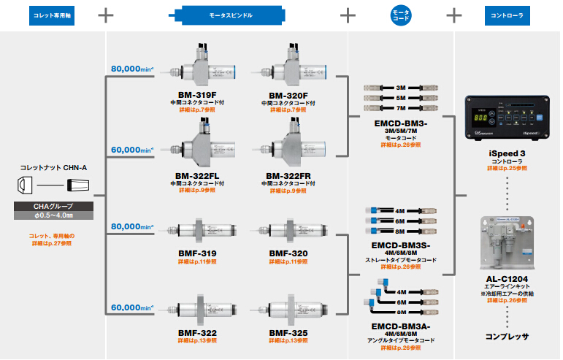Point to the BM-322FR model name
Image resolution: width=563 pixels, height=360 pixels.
288,175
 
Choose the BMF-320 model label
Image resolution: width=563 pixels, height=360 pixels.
288,253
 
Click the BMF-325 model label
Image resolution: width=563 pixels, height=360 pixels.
288,333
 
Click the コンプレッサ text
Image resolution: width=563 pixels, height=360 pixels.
507,337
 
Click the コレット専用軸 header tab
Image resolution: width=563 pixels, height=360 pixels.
53,14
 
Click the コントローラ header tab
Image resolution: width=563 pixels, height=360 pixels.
507,14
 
